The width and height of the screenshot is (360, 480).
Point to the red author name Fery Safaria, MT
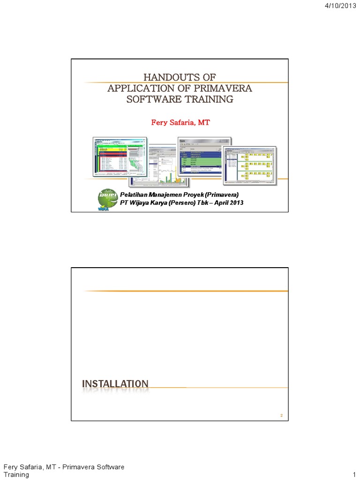180,122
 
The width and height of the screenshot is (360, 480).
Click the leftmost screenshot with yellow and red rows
120,157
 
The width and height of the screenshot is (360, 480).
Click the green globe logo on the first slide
108,199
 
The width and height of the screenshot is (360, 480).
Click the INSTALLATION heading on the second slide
115,384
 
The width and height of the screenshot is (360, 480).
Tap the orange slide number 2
281,416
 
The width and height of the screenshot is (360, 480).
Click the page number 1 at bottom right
354,474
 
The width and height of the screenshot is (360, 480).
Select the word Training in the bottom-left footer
16,474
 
